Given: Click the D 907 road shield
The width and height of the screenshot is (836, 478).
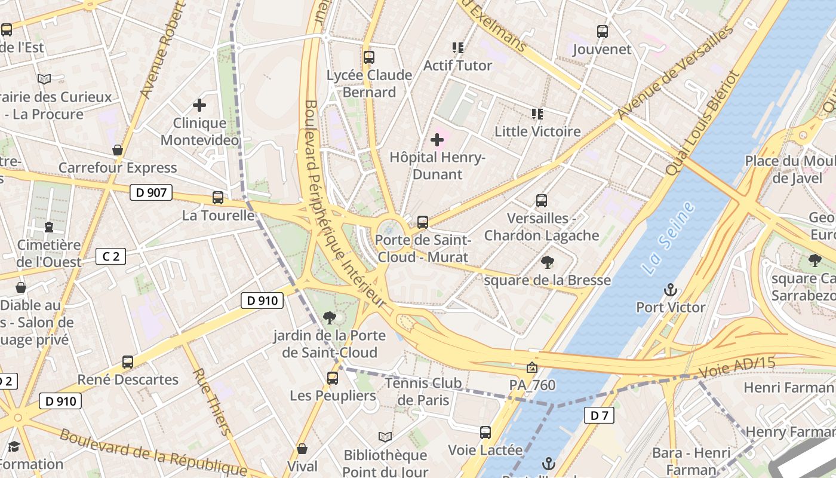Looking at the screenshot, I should [151, 192].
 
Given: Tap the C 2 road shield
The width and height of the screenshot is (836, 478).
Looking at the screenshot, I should [111, 256].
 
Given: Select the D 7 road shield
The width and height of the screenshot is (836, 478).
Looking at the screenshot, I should [599, 415].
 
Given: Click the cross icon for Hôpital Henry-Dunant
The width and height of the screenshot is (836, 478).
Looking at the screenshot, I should [437, 140].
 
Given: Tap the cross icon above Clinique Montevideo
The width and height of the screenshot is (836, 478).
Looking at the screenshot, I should [199, 106].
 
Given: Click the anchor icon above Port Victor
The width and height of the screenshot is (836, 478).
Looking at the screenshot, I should [670, 290].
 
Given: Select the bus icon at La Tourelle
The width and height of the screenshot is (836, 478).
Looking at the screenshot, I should [218, 198].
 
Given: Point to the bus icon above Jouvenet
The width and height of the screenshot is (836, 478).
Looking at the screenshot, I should [603, 32].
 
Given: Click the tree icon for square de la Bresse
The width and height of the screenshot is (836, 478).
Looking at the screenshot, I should [547, 262].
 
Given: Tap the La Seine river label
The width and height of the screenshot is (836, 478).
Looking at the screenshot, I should [669, 238].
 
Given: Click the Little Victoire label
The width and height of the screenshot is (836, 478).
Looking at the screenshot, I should [537, 131].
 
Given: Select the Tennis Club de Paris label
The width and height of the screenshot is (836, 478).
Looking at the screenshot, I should [423, 391].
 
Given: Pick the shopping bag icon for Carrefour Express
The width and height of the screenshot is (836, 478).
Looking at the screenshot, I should [118, 150].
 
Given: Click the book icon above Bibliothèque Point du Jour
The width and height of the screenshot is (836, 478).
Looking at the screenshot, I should [385, 437].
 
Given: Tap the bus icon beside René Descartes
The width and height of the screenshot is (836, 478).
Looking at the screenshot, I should [128, 362].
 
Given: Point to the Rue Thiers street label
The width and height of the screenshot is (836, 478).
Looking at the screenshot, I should [211, 402].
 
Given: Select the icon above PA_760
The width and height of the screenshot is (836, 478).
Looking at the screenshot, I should [532, 367].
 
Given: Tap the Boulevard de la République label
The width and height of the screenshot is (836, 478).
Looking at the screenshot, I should [152, 452].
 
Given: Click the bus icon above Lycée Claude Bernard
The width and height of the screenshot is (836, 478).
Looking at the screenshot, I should [369, 57].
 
